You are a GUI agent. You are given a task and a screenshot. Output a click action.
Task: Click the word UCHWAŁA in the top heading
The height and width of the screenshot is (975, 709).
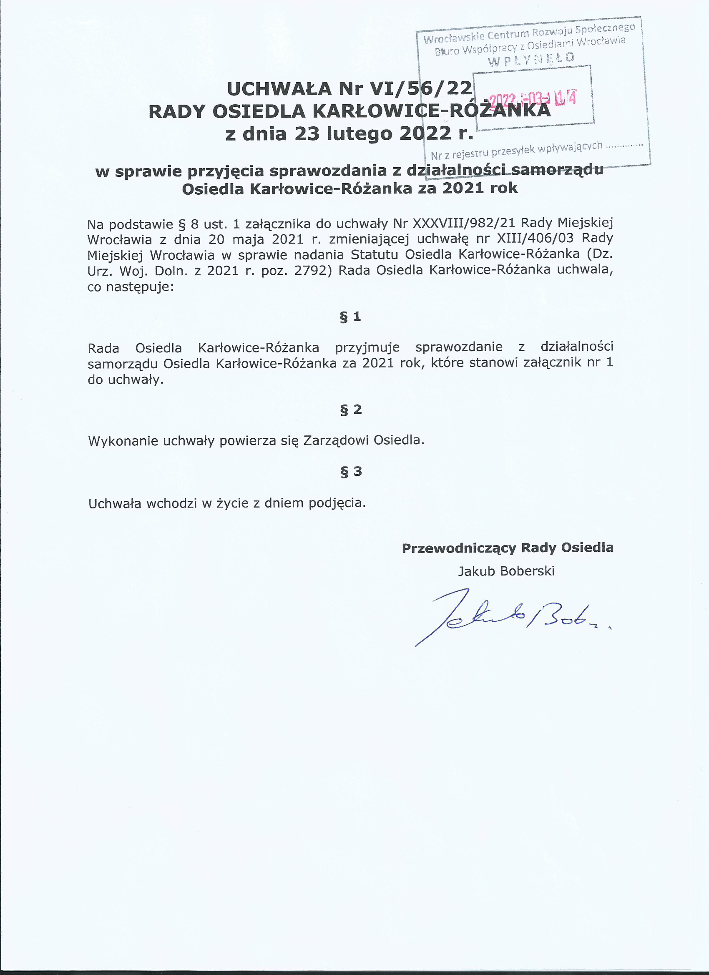pos(279,88)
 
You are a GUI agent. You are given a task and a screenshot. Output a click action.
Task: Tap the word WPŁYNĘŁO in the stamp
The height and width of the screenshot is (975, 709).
pos(531,59)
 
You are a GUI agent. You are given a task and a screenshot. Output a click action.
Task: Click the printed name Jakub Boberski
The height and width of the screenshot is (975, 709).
pos(506,571)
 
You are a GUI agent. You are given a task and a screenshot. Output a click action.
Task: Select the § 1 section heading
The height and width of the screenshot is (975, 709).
pos(350,317)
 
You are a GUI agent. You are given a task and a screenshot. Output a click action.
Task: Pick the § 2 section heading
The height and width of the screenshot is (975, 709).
pos(351,409)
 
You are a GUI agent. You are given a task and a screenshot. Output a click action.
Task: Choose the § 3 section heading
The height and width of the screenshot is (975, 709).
pos(351,472)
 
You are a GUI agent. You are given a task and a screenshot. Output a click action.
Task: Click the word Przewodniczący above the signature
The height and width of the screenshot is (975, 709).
pos(459,548)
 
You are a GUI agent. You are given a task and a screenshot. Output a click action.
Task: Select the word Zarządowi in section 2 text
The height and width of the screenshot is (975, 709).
pos(336,441)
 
